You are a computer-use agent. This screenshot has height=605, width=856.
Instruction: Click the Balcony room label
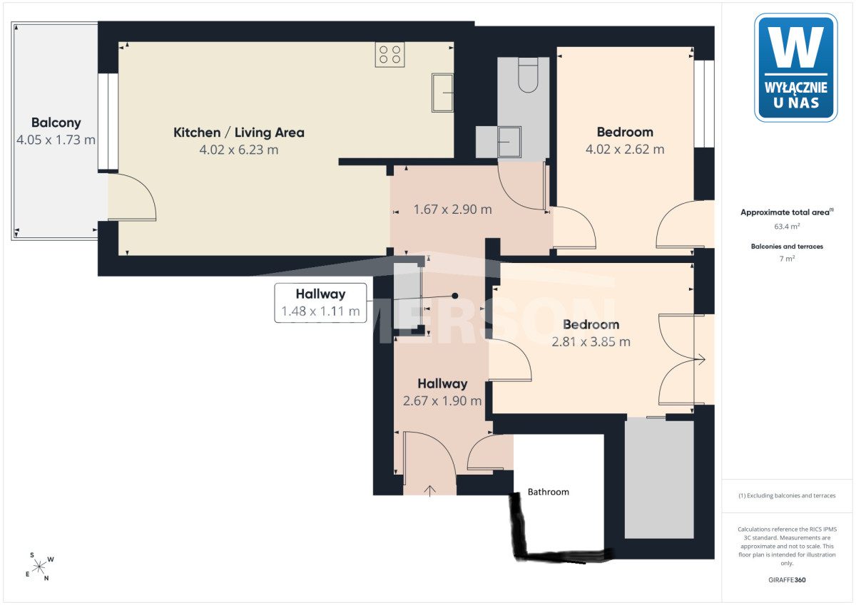56,123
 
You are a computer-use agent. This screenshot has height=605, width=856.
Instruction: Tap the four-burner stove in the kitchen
389,55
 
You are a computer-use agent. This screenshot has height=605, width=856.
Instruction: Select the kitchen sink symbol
442,93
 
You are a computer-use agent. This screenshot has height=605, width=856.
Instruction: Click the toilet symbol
528,75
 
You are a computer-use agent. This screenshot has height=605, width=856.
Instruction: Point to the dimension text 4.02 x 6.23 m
239,150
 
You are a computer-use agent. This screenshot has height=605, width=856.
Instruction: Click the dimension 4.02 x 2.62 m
625,149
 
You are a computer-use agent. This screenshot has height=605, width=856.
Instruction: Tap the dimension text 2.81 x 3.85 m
591,341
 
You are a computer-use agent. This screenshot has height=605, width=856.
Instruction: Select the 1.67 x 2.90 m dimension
453,210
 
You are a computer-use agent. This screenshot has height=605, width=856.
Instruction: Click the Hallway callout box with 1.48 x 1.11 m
320,303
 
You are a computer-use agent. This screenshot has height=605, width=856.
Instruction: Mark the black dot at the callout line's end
455,296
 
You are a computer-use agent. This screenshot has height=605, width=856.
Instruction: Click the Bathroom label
549,492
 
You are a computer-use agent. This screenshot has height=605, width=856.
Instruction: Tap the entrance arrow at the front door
430,491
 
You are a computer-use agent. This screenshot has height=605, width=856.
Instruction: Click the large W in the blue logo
796,47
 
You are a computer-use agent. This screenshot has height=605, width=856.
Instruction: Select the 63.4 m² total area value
787,227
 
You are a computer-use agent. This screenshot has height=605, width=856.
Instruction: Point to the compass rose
39,567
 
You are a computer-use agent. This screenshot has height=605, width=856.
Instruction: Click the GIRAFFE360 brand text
787,580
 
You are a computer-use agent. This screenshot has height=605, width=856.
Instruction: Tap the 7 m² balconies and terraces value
788,259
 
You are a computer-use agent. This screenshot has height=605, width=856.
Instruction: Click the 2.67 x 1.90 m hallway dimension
442,400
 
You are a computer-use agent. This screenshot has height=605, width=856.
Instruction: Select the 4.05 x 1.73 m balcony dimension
56,140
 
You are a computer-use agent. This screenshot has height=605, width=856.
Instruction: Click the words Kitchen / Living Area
239,133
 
